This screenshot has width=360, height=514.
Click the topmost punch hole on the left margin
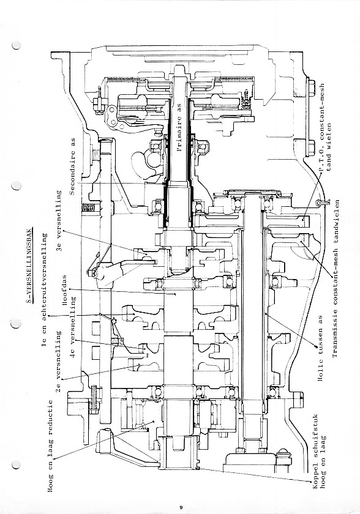click(16, 45)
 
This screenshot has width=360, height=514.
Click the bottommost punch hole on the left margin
click(16, 464)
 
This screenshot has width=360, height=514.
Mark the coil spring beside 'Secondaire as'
click(89, 207)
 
